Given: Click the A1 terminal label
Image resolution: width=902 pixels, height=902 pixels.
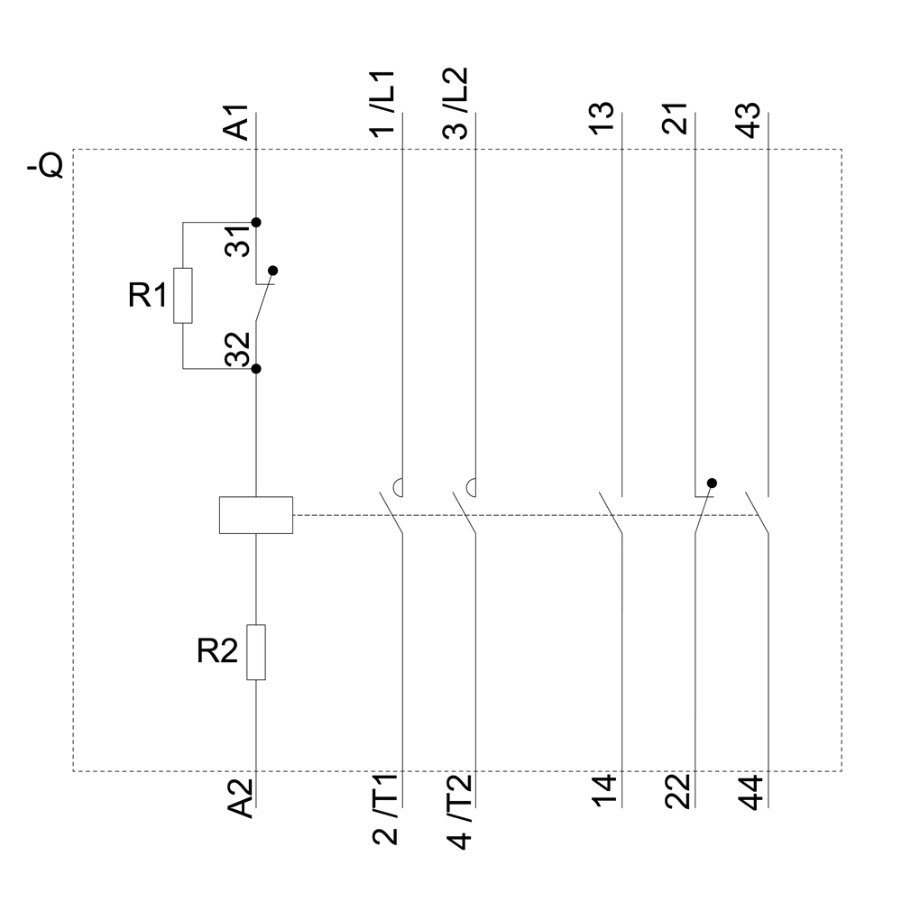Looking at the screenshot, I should pyautogui.click(x=236, y=123).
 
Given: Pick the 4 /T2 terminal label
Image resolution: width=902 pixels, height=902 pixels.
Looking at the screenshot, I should pyautogui.click(x=458, y=809).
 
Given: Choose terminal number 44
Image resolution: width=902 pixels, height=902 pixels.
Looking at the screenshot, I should pyautogui.click(x=751, y=791).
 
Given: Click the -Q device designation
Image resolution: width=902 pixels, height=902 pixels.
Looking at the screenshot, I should pyautogui.click(x=45, y=168).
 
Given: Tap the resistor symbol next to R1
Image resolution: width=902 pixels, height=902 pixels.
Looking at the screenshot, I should pyautogui.click(x=183, y=295).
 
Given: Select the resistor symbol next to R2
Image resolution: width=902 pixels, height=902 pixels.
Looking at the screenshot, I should pyautogui.click(x=257, y=651).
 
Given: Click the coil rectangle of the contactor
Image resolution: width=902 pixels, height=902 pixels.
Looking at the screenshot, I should pyautogui.click(x=256, y=514).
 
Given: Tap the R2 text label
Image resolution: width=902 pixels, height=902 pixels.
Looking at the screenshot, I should pyautogui.click(x=217, y=651).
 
